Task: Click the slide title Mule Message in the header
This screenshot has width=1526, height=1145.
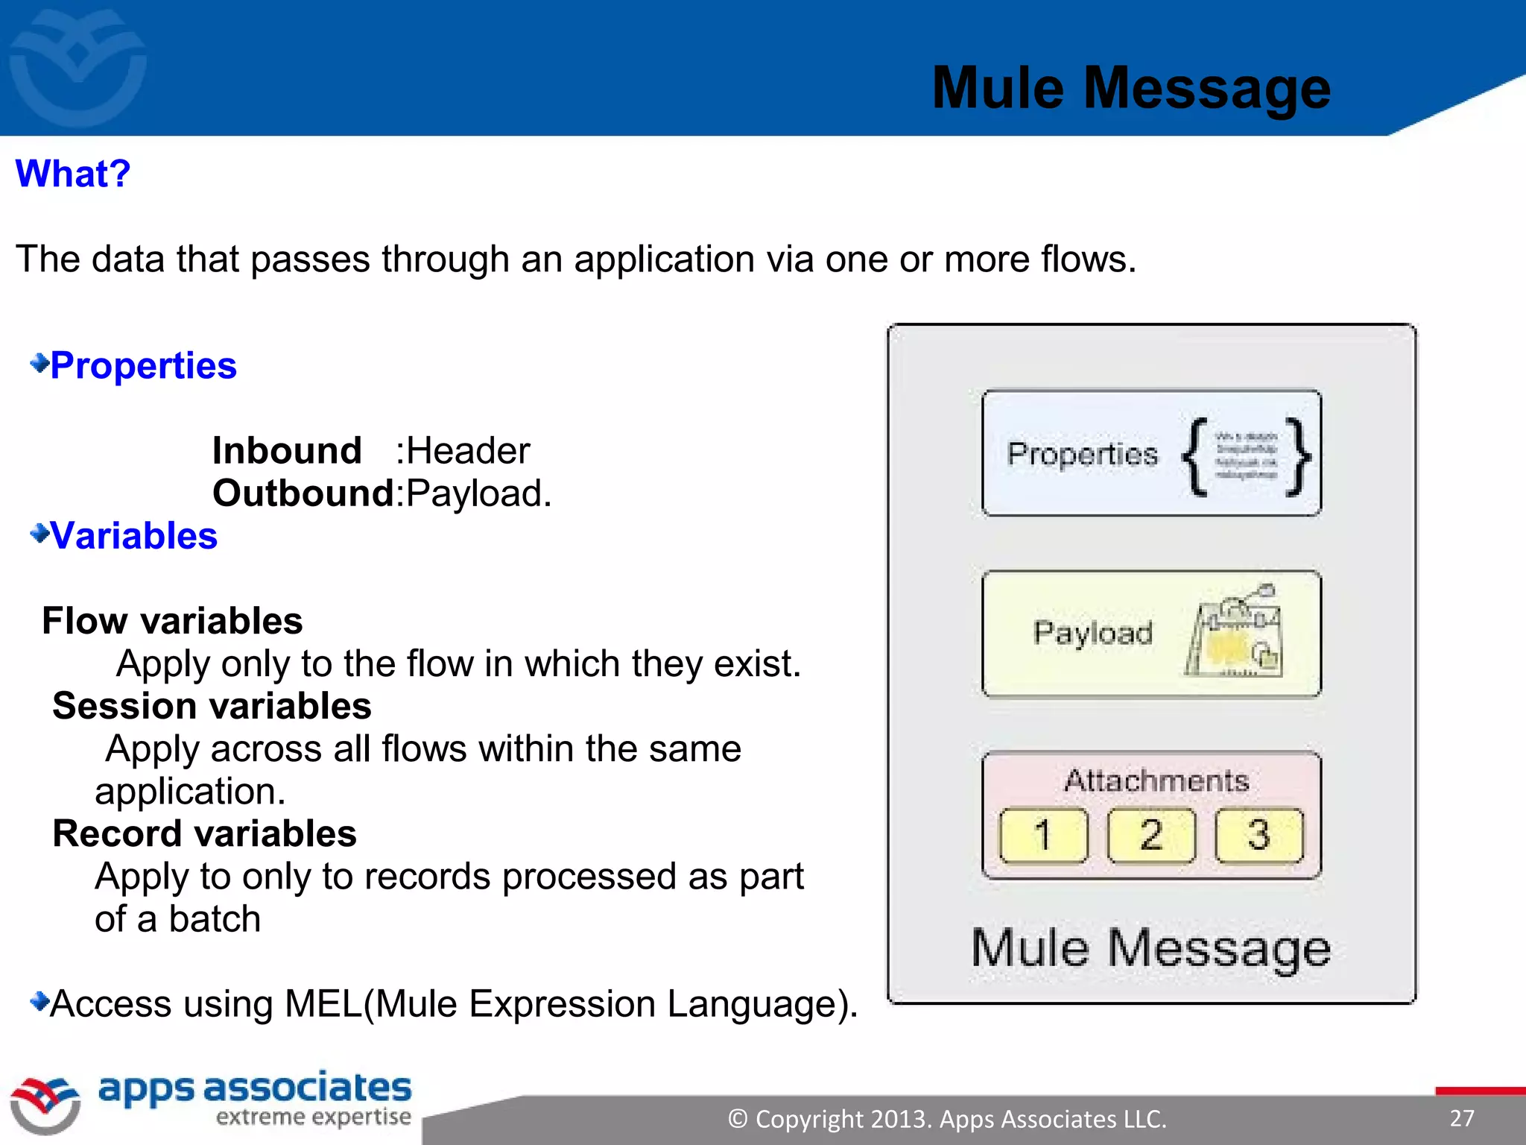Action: (x=1130, y=89)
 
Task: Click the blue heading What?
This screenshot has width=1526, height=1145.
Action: (x=73, y=174)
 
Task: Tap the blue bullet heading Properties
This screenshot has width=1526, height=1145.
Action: (x=143, y=366)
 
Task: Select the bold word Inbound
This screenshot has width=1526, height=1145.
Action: (x=287, y=451)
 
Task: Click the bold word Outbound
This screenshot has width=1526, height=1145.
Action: (x=303, y=493)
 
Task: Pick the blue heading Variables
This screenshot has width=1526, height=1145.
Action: (x=134, y=536)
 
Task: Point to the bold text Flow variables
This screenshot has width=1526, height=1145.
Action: (x=172, y=621)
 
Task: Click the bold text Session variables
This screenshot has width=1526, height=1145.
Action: (x=212, y=706)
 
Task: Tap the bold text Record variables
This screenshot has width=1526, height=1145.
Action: (x=204, y=833)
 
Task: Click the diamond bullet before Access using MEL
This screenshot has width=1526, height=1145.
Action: (x=39, y=1001)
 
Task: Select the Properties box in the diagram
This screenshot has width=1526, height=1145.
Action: (x=1151, y=453)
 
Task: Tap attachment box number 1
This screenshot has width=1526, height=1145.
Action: (x=1043, y=835)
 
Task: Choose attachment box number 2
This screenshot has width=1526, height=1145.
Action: (x=1151, y=835)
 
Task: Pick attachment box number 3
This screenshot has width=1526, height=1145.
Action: (x=1259, y=835)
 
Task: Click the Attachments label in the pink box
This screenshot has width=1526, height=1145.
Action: (x=1156, y=780)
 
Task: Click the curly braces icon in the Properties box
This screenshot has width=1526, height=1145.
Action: (x=1247, y=456)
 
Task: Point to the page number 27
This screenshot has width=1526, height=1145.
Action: (x=1461, y=1118)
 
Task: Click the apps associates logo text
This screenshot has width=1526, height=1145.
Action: (x=255, y=1089)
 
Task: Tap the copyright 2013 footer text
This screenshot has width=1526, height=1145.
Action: (x=947, y=1119)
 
